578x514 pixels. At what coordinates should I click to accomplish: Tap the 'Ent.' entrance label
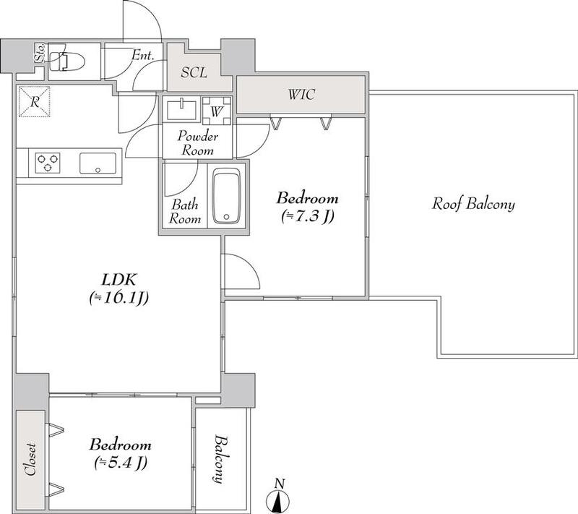(143, 56)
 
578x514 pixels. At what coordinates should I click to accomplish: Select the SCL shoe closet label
(194, 72)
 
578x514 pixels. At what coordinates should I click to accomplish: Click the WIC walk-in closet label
(302, 95)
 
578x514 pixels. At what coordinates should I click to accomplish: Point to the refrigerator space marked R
(34, 102)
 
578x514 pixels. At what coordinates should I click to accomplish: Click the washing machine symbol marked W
(217, 111)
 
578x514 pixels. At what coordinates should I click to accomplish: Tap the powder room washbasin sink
(182, 109)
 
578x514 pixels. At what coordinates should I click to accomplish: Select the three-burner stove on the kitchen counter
(48, 163)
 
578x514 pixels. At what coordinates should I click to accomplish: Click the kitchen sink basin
(98, 163)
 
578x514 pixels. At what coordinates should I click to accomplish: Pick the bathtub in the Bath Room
(227, 196)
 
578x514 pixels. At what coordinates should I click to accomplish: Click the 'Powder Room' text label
(197, 143)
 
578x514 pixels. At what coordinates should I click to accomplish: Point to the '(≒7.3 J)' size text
(308, 216)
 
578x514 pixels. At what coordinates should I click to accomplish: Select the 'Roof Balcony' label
(473, 204)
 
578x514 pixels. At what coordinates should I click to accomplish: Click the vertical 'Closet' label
(30, 458)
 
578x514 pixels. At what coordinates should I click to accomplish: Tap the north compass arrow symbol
(277, 501)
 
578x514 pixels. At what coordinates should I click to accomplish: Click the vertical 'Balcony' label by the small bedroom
(220, 459)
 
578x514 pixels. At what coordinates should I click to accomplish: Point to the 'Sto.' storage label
(39, 52)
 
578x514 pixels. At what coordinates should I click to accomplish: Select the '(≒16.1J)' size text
(119, 298)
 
